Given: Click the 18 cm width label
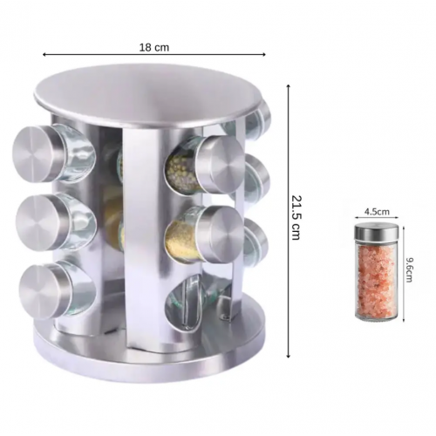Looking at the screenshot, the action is click(154, 47).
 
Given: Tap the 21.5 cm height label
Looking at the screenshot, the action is click(296, 217).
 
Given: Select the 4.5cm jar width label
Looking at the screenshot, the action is click(377, 211).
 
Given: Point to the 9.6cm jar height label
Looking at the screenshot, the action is click(409, 270).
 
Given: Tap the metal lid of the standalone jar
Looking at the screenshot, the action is click(376, 232).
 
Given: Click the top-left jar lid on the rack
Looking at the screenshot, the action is click(39, 154).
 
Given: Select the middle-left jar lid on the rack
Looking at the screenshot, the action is click(42, 222).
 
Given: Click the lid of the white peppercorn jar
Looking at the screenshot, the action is click(222, 165).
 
